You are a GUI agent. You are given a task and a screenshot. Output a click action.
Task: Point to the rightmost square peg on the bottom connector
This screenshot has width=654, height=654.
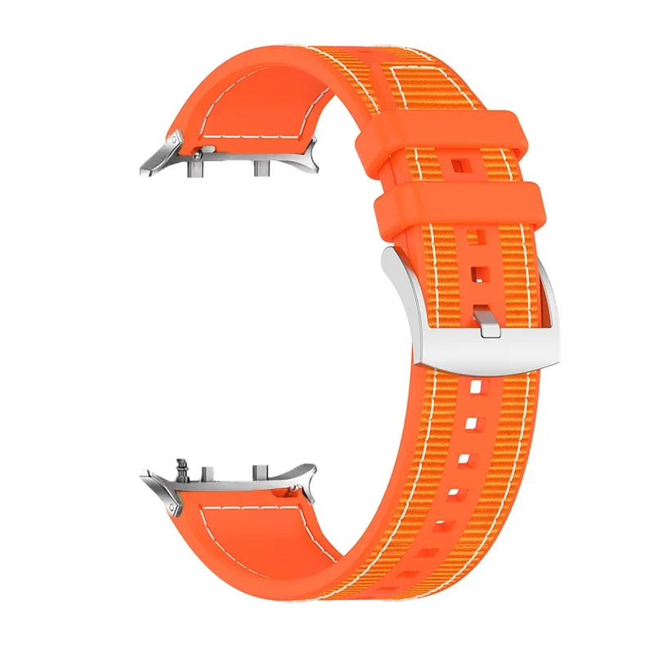[x=261, y=473]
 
